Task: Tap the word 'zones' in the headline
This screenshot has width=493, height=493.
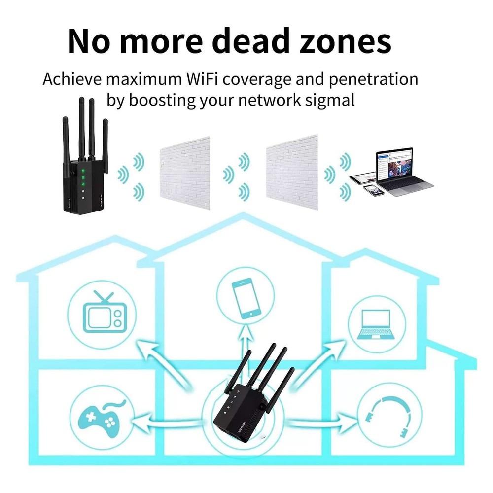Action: [343, 41]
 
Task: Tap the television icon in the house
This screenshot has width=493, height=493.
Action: [104, 315]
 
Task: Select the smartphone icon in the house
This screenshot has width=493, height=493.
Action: [246, 298]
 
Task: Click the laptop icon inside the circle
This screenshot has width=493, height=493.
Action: [377, 323]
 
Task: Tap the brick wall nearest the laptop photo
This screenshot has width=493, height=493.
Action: [292, 173]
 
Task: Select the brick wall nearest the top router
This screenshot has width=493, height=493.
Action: [185, 173]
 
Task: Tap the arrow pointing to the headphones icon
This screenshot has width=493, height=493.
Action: [320, 422]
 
